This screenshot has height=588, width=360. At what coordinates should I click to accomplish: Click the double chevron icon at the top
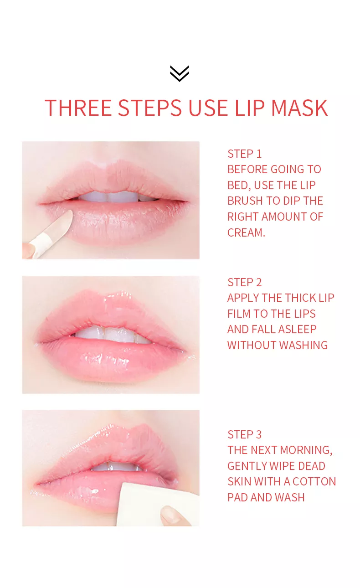(179, 73)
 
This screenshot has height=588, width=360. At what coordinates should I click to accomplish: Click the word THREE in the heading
(78, 108)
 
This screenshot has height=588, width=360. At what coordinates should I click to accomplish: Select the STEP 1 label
(245, 154)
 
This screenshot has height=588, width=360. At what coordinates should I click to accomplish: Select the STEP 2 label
(245, 282)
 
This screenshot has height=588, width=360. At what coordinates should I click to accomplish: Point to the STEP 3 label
(245, 434)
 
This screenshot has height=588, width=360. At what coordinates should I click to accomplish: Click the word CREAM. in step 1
(246, 232)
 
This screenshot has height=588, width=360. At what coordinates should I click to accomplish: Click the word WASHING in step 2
(303, 345)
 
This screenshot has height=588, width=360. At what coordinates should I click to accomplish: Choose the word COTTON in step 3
(314, 482)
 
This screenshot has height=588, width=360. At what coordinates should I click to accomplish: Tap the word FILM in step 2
(239, 314)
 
